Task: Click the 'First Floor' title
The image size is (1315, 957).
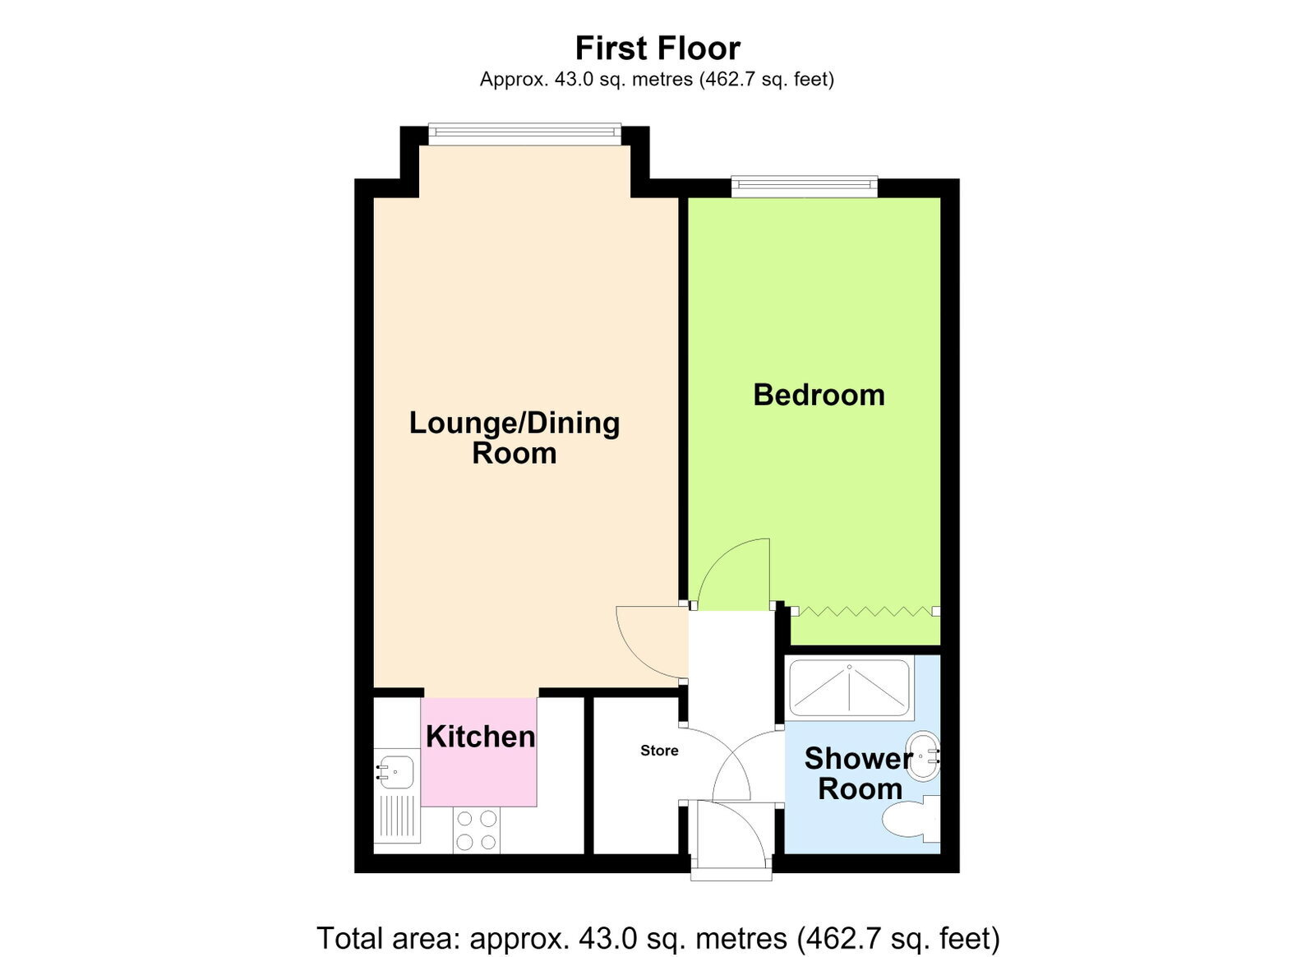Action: point(657,49)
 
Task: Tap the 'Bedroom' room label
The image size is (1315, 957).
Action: point(819,395)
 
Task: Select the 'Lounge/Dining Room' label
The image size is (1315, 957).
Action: point(514,438)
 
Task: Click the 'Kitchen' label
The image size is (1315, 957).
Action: point(480,736)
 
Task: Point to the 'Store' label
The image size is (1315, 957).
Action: point(659,751)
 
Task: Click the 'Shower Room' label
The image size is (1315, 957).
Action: point(859,774)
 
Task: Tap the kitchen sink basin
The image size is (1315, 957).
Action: point(395,771)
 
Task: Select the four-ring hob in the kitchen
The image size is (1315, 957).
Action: point(476,830)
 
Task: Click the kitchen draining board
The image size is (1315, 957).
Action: point(397,816)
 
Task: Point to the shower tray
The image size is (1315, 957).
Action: point(850,687)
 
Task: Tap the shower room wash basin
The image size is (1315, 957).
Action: point(924,756)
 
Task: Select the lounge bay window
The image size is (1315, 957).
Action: point(524,135)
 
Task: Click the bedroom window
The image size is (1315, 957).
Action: point(804,187)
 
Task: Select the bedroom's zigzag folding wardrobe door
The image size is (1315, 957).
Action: point(865,611)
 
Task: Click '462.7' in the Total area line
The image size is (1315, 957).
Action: point(841,938)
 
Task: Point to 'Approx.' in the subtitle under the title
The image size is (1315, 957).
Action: point(514,79)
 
